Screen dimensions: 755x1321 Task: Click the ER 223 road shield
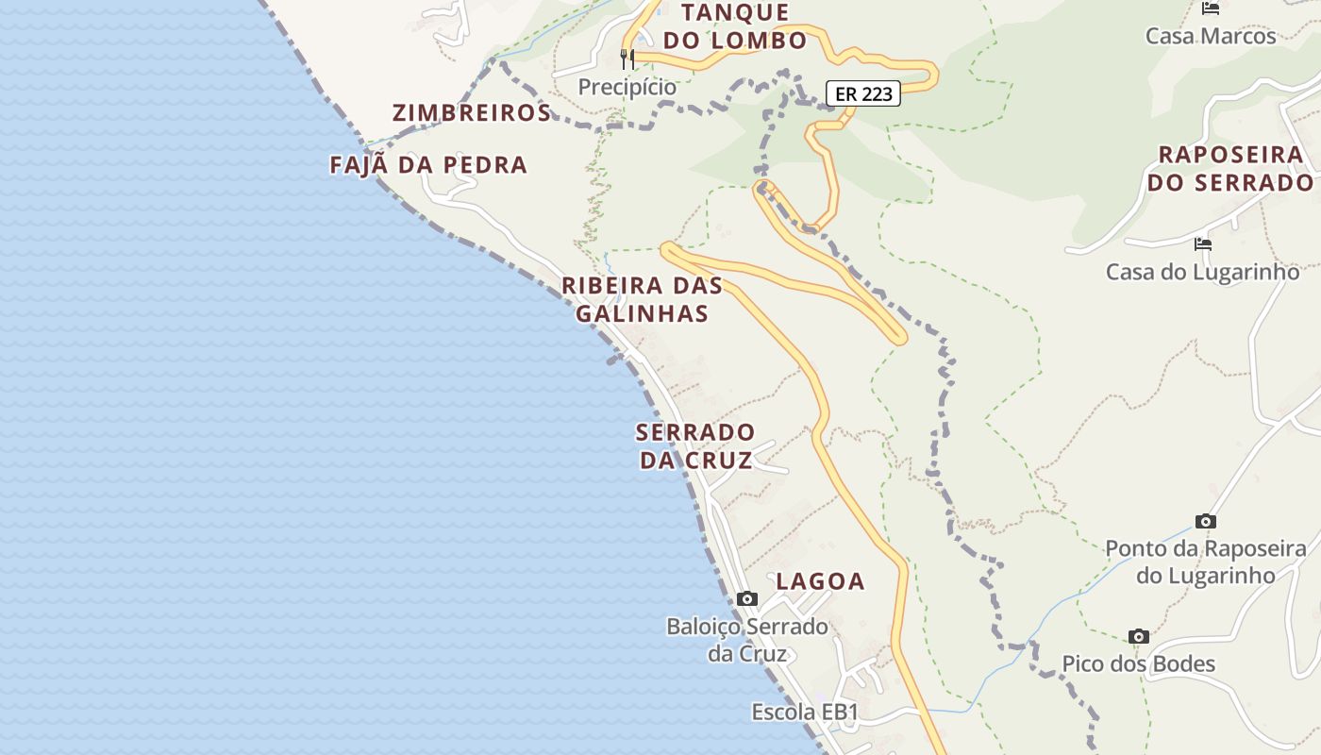(x=863, y=93)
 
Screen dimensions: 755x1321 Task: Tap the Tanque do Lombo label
(x=735, y=26)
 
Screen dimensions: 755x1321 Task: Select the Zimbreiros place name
(x=471, y=113)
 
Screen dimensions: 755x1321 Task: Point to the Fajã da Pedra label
(x=428, y=165)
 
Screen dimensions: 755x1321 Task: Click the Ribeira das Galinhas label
(x=642, y=299)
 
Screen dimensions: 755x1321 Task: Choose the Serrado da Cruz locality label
(x=695, y=446)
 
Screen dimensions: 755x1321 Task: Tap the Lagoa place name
(x=820, y=581)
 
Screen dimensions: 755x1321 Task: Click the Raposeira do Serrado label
(x=1230, y=169)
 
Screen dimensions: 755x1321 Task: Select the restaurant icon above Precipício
(x=627, y=59)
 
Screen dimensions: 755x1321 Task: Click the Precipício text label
(x=627, y=87)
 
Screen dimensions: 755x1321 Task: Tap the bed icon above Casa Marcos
(x=1211, y=8)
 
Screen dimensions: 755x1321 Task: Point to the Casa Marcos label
(x=1211, y=36)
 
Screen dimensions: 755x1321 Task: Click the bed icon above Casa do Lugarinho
(x=1203, y=243)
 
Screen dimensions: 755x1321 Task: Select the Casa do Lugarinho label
(x=1203, y=272)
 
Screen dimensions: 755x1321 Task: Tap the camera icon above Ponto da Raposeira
(x=1205, y=521)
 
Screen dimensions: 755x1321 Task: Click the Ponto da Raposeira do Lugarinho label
(x=1205, y=562)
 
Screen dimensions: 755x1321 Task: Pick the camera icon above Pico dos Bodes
(x=1139, y=636)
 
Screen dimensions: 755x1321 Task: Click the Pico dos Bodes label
(x=1139, y=663)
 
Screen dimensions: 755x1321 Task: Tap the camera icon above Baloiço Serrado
(x=747, y=598)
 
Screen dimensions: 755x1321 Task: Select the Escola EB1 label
(x=805, y=713)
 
